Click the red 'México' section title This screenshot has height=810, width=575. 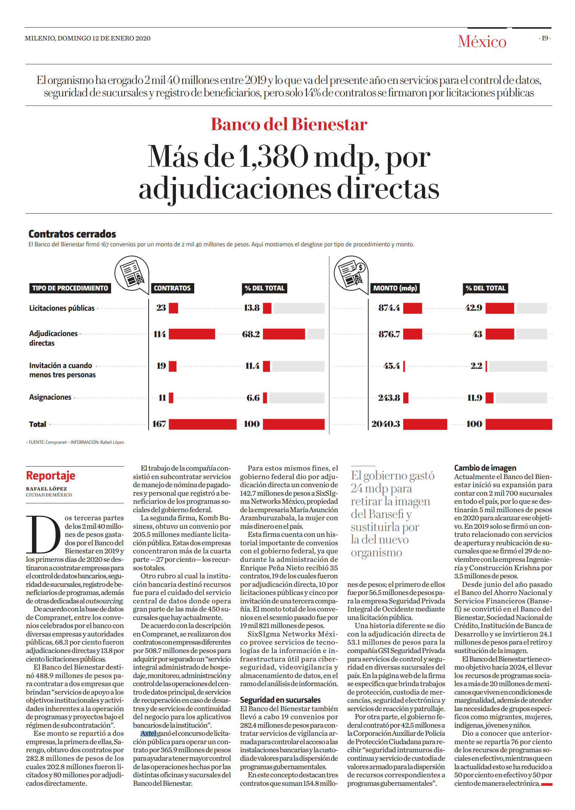[482, 41]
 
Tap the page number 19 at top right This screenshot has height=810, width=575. [545, 38]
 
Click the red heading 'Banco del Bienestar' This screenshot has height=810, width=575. [289, 124]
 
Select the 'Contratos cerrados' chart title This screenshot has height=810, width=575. [72, 234]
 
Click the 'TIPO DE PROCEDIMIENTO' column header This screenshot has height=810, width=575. [70, 288]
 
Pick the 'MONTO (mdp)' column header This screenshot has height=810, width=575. [395, 288]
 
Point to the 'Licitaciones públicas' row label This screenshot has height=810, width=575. [62, 308]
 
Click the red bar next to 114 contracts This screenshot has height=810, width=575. [192, 334]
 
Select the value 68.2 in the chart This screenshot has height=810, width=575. [251, 334]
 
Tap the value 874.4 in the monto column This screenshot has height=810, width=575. [389, 308]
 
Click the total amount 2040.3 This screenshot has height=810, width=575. [386, 424]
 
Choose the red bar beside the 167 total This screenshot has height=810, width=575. [202, 424]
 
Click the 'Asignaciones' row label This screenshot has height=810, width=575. [50, 397]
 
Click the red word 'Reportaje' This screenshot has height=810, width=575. [50, 475]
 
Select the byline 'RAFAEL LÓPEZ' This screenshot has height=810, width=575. [46, 489]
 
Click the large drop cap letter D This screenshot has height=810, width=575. [43, 534]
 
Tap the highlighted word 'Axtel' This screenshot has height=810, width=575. [148, 734]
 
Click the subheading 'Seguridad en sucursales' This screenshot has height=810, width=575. [280, 700]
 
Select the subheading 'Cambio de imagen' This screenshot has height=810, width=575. [485, 468]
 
